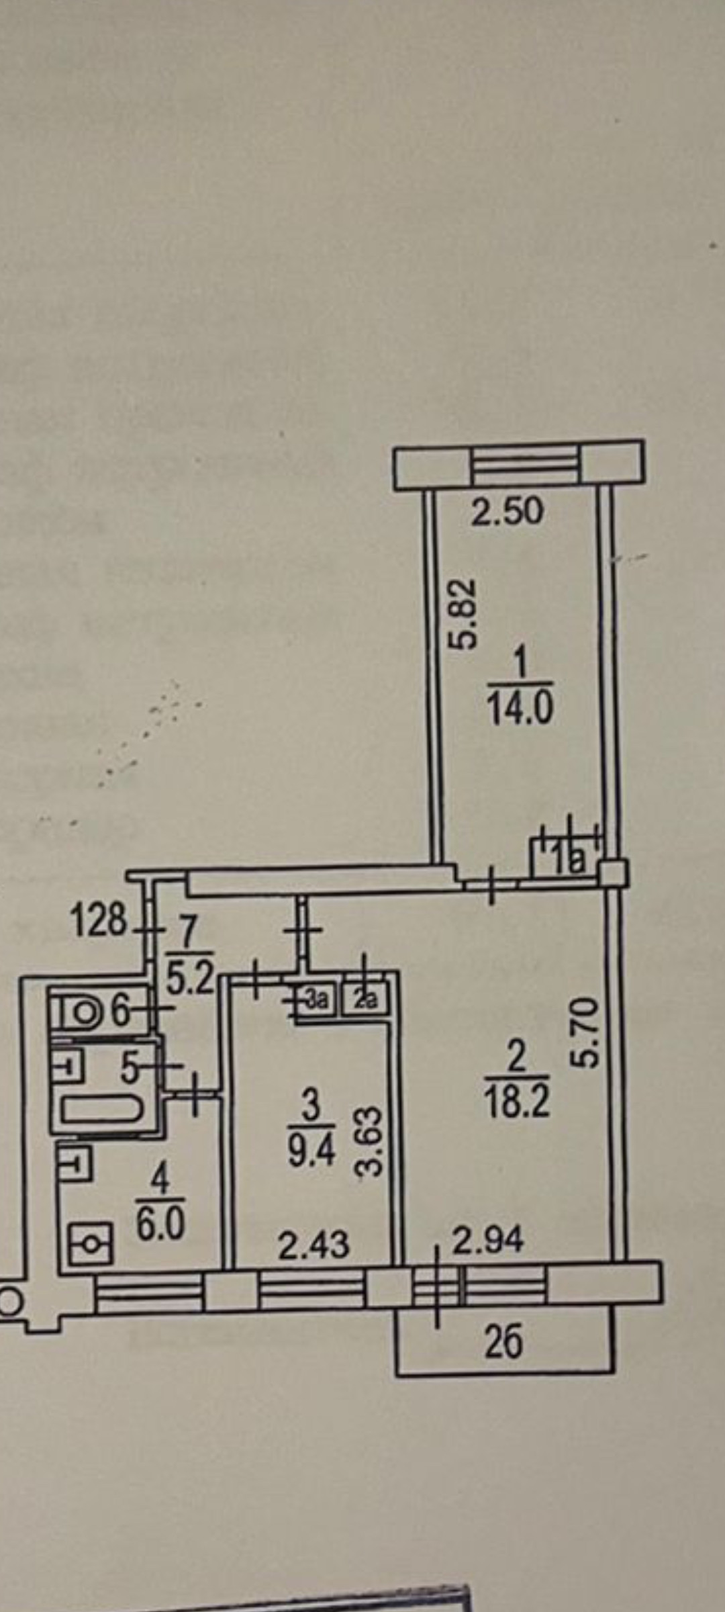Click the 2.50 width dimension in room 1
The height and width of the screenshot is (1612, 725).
pyautogui.click(x=506, y=512)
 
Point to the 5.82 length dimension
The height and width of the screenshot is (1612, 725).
pyautogui.click(x=463, y=614)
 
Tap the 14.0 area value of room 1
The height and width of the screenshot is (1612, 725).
pyautogui.click(x=520, y=708)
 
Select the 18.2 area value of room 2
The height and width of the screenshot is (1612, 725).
pyautogui.click(x=516, y=1102)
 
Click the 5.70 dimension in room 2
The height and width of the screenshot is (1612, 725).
pyautogui.click(x=584, y=1032)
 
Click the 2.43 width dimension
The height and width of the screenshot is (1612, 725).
pyautogui.click(x=313, y=1246)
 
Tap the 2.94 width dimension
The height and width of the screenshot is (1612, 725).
pyautogui.click(x=487, y=1241)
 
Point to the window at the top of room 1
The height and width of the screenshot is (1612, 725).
pyautogui.click(x=525, y=464)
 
